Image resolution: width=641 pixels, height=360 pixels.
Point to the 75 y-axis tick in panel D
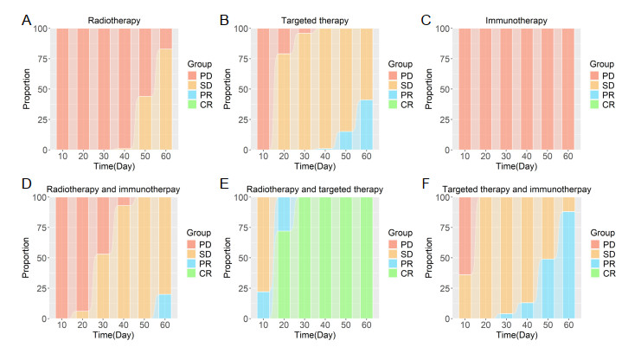[43, 228]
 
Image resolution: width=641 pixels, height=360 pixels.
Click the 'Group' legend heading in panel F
[602, 234]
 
